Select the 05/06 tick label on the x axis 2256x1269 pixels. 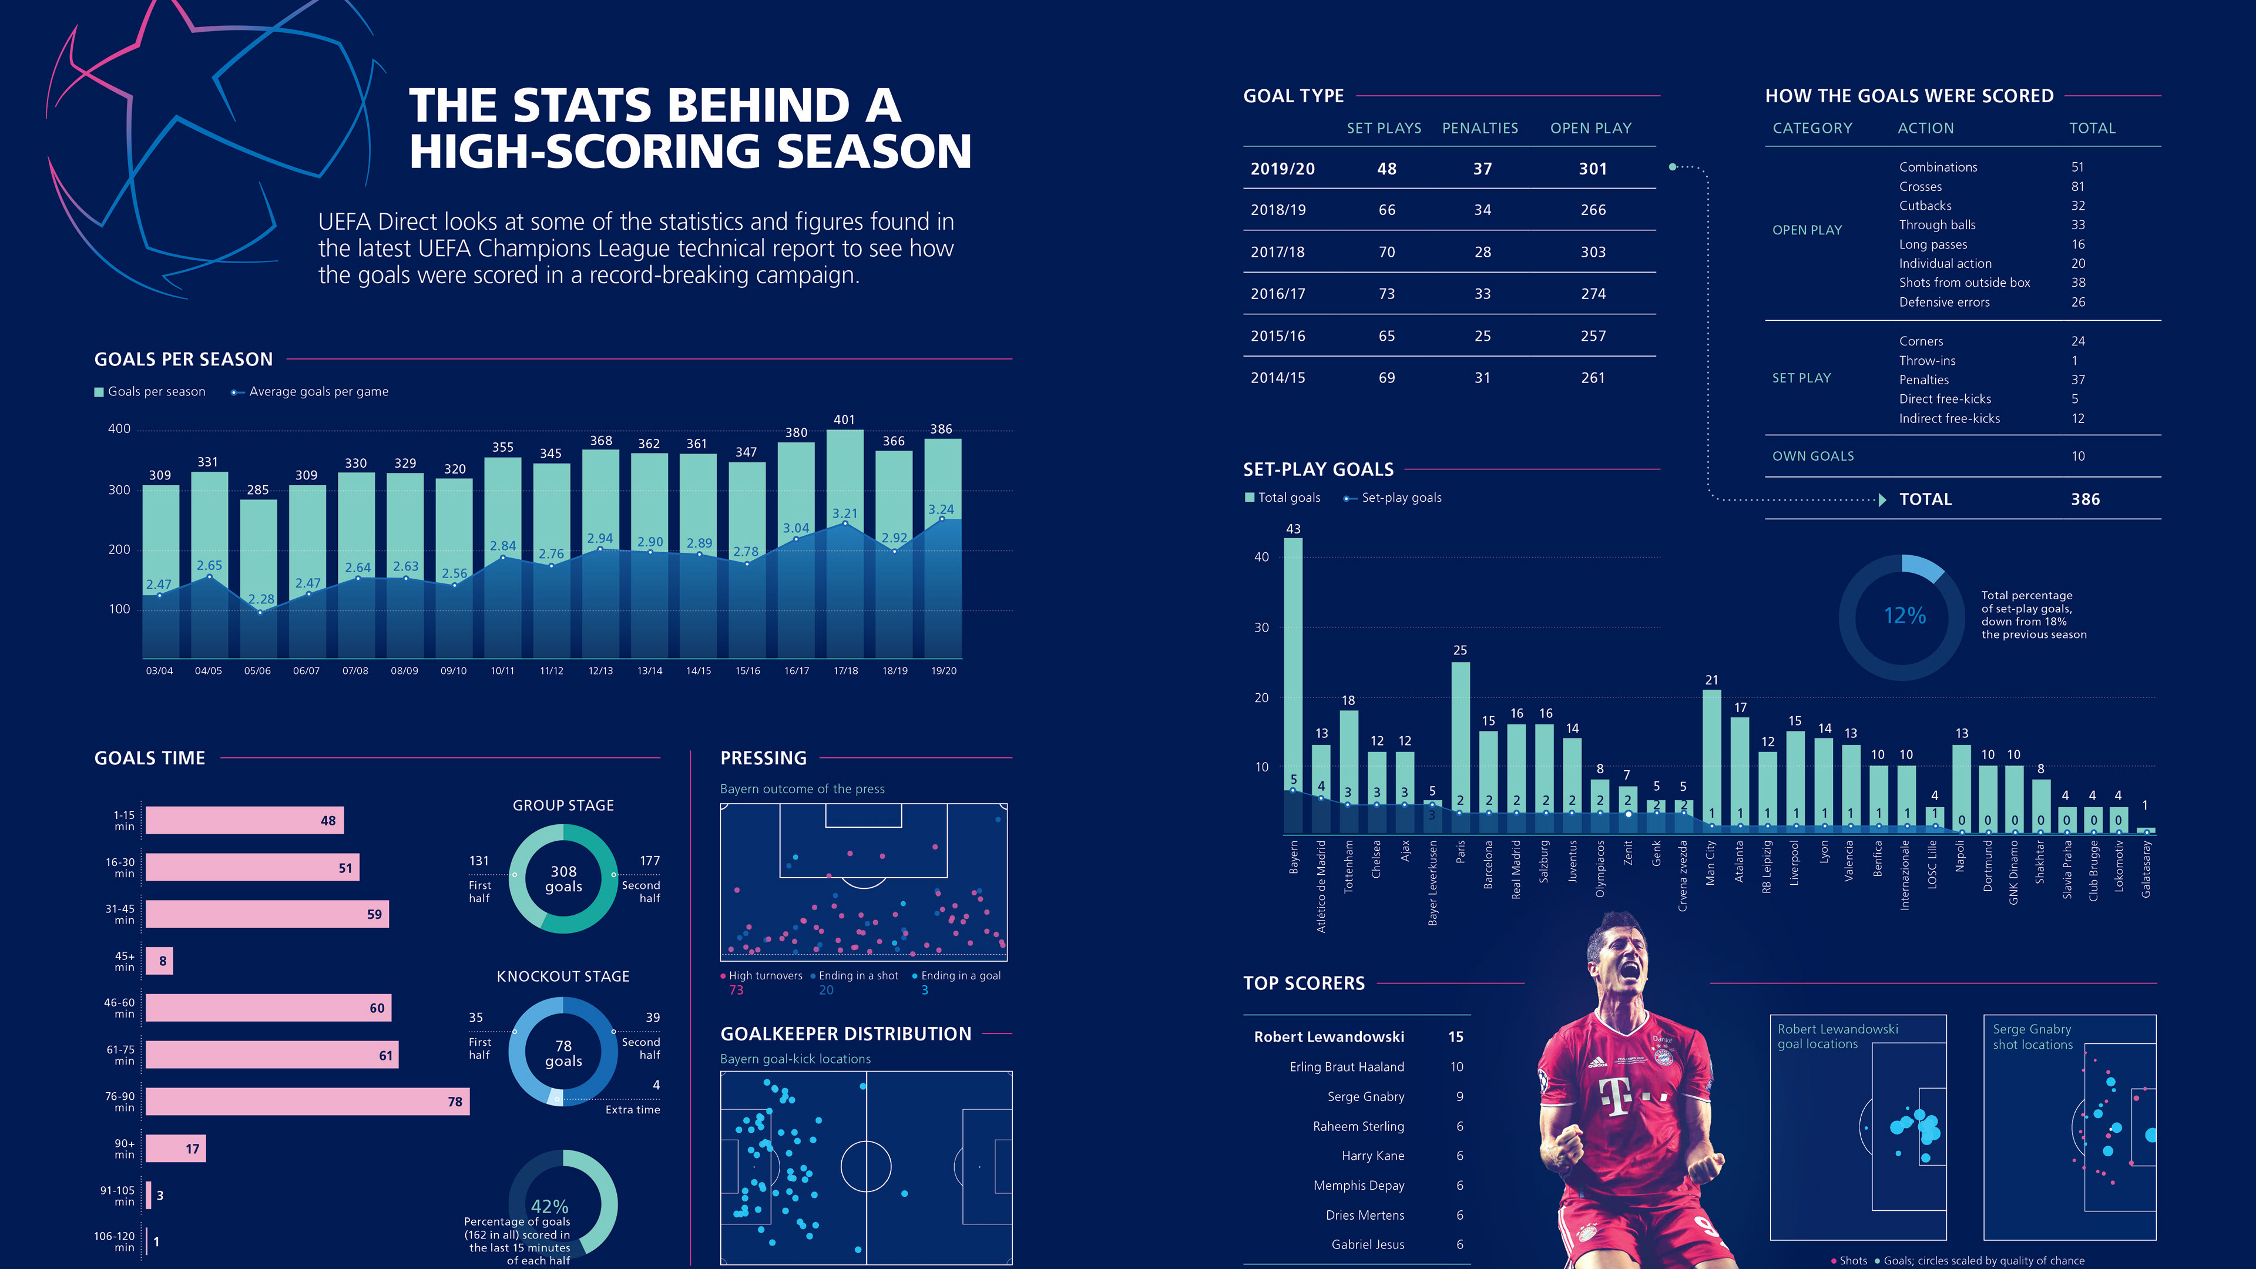[x=257, y=671]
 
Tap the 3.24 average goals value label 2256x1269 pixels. [x=941, y=510]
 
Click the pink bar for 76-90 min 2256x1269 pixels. [x=307, y=1102]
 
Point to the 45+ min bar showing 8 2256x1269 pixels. [x=159, y=961]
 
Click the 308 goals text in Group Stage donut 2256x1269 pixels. [x=563, y=878]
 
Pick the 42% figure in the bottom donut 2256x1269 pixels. [x=550, y=1206]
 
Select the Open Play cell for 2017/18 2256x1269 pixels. [x=1593, y=252]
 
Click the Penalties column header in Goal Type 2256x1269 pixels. [x=1480, y=128]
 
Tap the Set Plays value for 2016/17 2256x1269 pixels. [x=1386, y=294]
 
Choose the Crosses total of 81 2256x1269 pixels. [x=2077, y=187]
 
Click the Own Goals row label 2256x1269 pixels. [x=1813, y=456]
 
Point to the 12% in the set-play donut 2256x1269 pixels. [x=1905, y=616]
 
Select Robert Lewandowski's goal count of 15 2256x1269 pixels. [x=1456, y=1037]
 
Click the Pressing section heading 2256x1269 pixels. [x=763, y=758]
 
